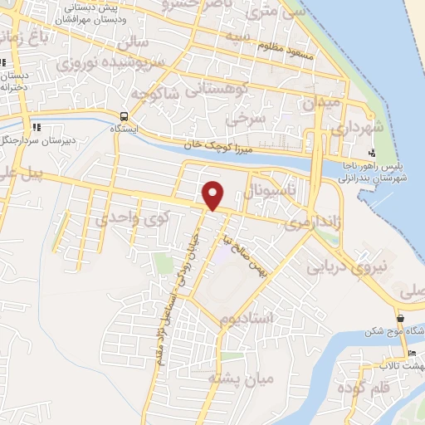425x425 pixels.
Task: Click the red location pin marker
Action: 214,195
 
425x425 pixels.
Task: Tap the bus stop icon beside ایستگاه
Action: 124,116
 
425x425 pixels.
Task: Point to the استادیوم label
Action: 242,320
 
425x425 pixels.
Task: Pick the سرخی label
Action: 250,119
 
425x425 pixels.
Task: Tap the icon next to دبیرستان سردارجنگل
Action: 36,127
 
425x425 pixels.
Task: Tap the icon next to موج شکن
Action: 401,319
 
